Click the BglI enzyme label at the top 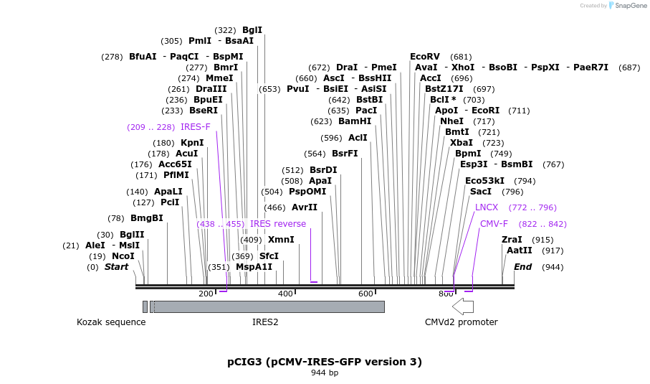click(x=252, y=30)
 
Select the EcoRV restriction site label click(x=425, y=57)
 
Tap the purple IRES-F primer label click(x=196, y=127)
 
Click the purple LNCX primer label click(x=487, y=207)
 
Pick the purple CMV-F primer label click(x=494, y=224)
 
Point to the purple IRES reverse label click(x=278, y=224)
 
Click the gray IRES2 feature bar click(x=269, y=306)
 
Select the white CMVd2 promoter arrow click(x=463, y=306)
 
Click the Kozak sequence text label click(x=111, y=322)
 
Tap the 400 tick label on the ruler click(x=285, y=294)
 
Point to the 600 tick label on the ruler click(x=365, y=294)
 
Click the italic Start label click(x=116, y=267)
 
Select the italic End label click(x=522, y=267)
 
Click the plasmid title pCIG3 click(x=325, y=362)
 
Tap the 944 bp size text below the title click(x=325, y=373)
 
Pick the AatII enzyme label click(x=519, y=250)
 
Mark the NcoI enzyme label click(x=122, y=256)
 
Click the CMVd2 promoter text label click(x=461, y=322)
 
